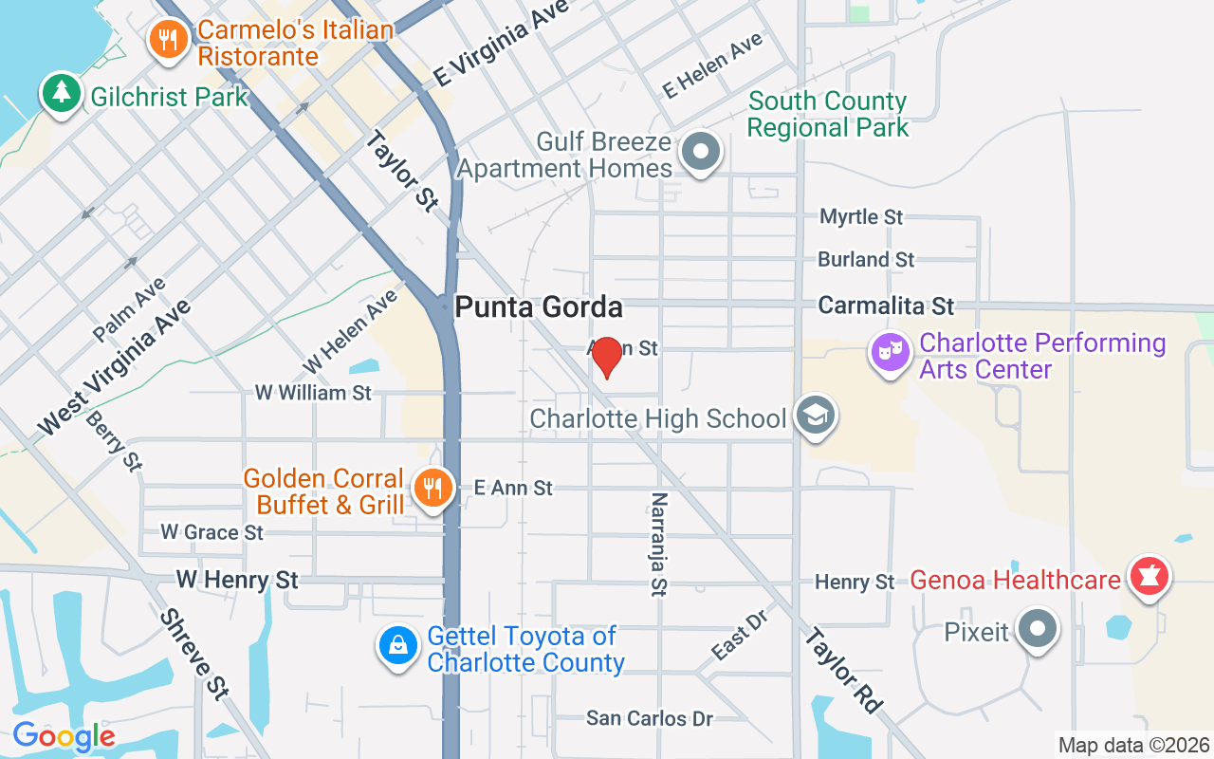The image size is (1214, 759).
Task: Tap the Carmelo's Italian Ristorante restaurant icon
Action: [x=168, y=40]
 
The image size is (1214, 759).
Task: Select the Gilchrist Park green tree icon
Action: [x=62, y=93]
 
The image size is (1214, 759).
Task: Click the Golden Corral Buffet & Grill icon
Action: [x=432, y=490]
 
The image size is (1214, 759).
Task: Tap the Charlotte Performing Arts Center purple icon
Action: [x=890, y=355]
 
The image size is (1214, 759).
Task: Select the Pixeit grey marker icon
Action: [x=1038, y=629]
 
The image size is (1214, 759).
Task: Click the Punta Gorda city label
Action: [x=539, y=307]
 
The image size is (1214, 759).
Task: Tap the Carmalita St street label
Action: [x=886, y=305]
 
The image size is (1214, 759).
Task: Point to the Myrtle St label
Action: [x=861, y=217]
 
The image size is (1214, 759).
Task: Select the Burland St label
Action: [x=866, y=259]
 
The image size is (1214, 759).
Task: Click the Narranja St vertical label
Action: [x=658, y=545]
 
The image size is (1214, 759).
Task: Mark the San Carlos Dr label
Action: [x=650, y=718]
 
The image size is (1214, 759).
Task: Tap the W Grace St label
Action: [x=212, y=532]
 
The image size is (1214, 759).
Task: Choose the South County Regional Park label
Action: [x=827, y=114]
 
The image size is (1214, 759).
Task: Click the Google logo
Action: [x=64, y=735]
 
